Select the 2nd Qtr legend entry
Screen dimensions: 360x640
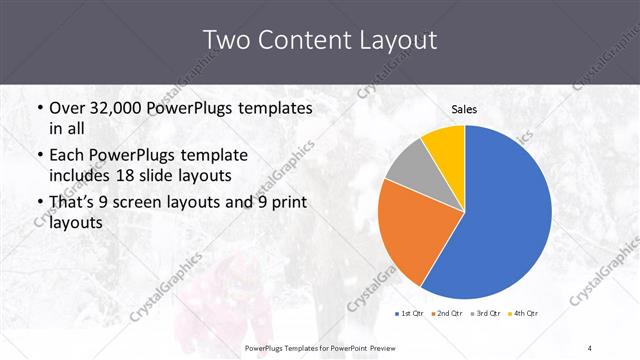[x=447, y=313]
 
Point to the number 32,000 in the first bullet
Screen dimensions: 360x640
[x=119, y=108]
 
